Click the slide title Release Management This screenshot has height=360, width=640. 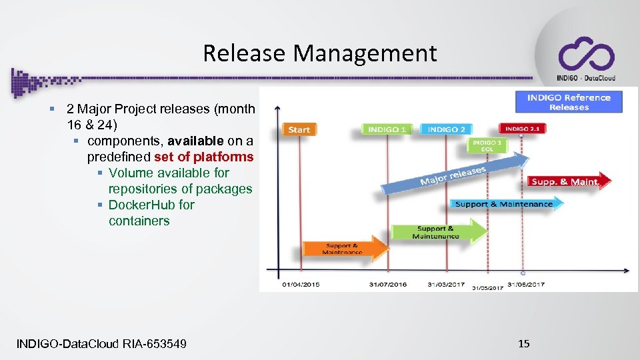[320, 53]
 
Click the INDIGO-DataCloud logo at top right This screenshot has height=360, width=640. [586, 58]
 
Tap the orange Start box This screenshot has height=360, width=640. [299, 129]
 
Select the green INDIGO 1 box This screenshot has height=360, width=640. [387, 129]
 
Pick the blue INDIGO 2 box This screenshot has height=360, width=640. [446, 129]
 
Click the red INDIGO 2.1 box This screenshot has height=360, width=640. [521, 128]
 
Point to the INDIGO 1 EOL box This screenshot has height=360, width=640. [487, 146]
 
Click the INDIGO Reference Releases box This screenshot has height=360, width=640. [569, 102]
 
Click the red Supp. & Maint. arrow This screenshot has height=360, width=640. [565, 181]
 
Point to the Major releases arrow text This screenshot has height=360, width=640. [453, 176]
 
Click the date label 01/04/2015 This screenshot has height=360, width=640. [301, 285]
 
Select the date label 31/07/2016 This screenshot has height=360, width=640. [388, 285]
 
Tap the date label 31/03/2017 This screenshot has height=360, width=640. [447, 285]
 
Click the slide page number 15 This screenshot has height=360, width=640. [524, 343]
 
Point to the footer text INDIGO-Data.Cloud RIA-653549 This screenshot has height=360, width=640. [101, 343]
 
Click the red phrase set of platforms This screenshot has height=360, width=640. [203, 157]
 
